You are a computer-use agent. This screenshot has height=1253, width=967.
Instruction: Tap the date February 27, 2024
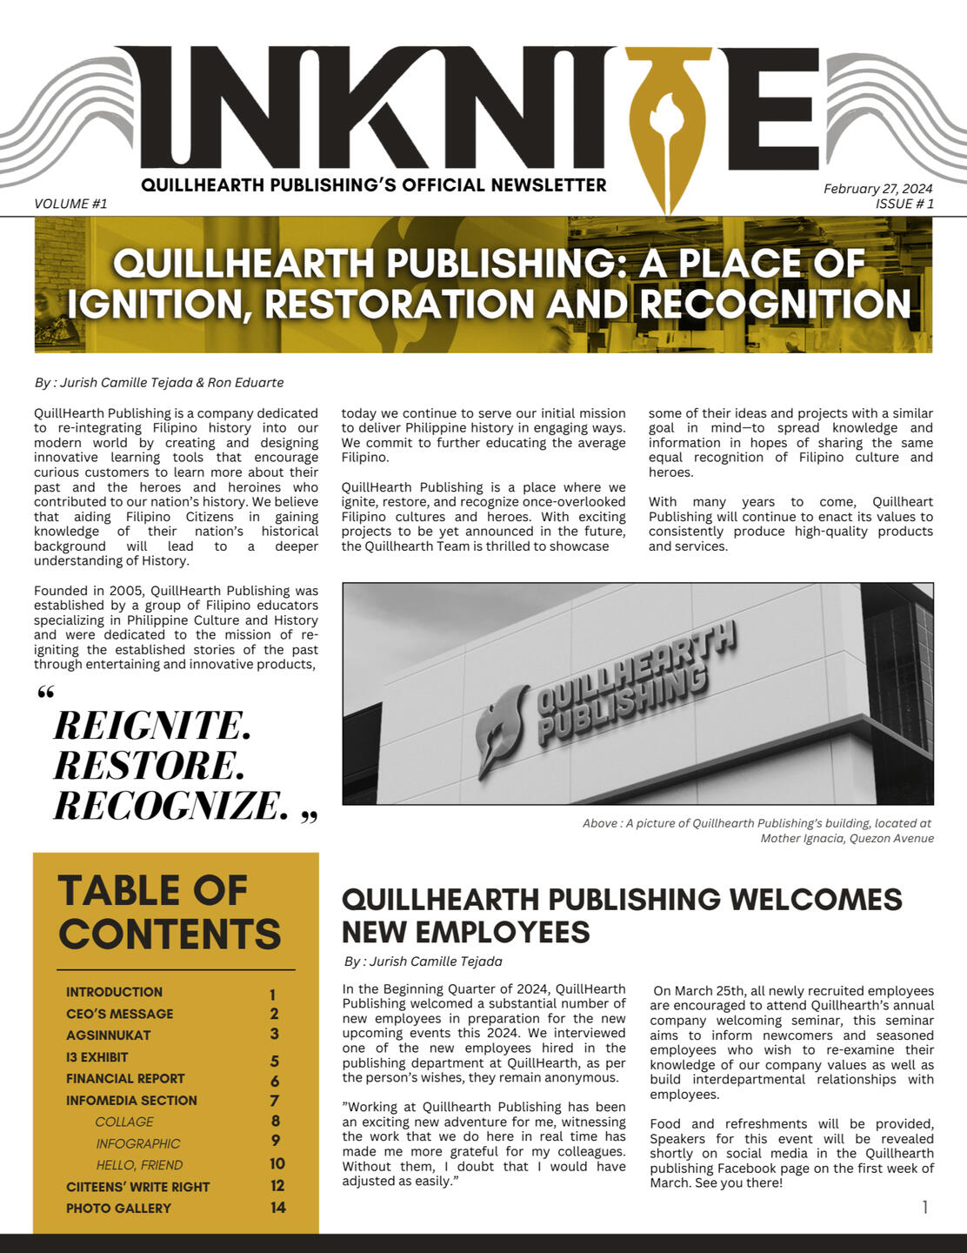point(877,189)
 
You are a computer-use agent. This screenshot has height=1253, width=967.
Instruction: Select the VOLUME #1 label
point(70,204)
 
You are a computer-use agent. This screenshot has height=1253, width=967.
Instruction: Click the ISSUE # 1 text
point(904,204)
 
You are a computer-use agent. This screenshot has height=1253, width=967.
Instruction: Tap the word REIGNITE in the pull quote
point(152,725)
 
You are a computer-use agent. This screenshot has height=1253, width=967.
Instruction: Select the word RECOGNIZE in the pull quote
point(170,805)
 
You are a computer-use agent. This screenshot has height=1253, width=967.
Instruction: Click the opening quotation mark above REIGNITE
point(46,694)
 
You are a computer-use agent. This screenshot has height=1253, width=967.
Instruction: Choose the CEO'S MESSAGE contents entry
point(119,1014)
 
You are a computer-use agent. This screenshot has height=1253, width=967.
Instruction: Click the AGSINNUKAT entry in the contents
point(108,1035)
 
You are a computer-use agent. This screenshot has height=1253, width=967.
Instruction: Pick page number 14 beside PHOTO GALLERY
point(277,1208)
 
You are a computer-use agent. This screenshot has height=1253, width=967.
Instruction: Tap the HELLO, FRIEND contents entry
point(139,1165)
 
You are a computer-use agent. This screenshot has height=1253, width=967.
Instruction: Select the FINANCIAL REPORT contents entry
point(125,1079)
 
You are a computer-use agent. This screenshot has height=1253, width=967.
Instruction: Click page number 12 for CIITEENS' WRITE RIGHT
point(277,1186)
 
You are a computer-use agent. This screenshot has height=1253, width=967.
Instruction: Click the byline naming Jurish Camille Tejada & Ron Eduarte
point(159,383)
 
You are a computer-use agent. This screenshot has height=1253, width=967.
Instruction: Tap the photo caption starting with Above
point(757,830)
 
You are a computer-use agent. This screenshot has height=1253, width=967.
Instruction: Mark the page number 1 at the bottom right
point(924,1207)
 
